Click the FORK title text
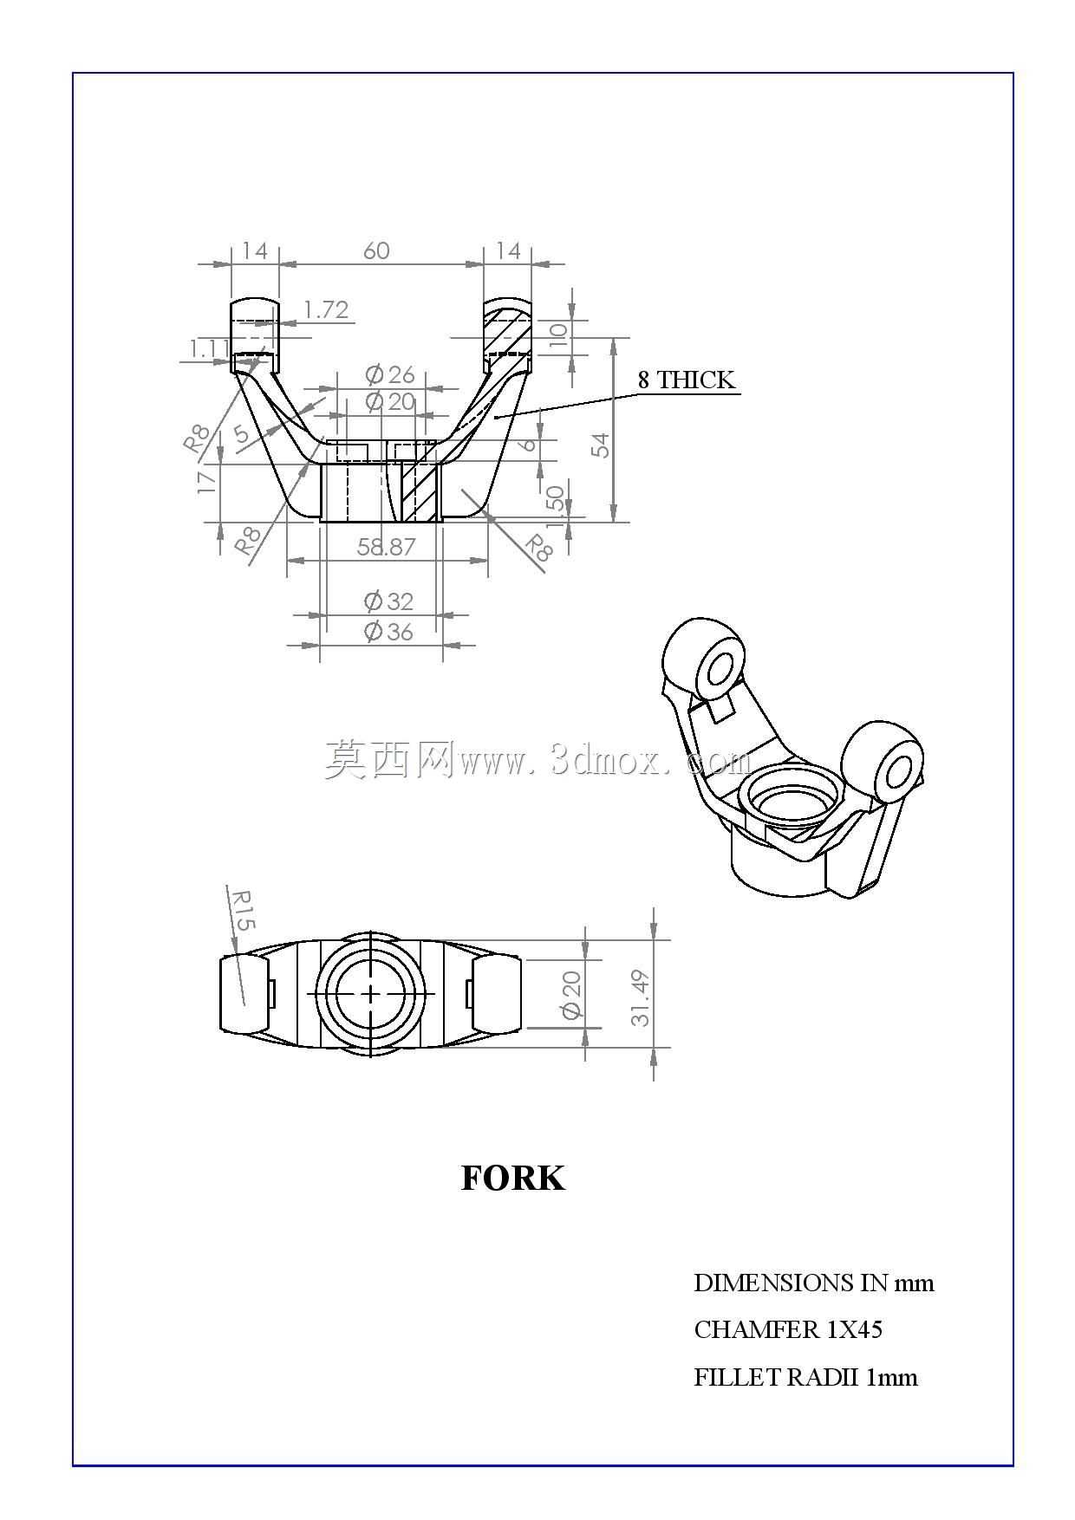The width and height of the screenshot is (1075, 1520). (x=513, y=1179)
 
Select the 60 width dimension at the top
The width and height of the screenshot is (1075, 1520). (x=376, y=250)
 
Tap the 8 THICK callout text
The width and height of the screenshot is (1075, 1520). (x=687, y=380)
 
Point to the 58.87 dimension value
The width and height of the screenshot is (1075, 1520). (x=387, y=547)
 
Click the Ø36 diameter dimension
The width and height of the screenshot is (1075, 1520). (x=388, y=632)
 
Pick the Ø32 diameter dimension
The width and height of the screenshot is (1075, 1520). (x=388, y=601)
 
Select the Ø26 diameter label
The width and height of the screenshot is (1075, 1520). (x=390, y=374)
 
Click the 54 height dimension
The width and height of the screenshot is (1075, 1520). (x=601, y=445)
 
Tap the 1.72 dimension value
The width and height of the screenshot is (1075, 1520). (x=326, y=309)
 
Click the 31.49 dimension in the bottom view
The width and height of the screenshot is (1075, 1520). (x=640, y=997)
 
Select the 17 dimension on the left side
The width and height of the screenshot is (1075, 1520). (x=206, y=481)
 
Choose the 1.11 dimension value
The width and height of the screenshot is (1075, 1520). (x=209, y=348)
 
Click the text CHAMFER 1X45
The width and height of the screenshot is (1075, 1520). (x=788, y=1329)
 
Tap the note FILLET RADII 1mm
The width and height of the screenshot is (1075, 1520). (x=805, y=1377)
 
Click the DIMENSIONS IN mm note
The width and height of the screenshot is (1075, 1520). (x=814, y=1283)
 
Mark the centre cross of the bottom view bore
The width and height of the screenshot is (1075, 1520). (x=371, y=993)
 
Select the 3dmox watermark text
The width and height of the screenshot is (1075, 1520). (x=537, y=759)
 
